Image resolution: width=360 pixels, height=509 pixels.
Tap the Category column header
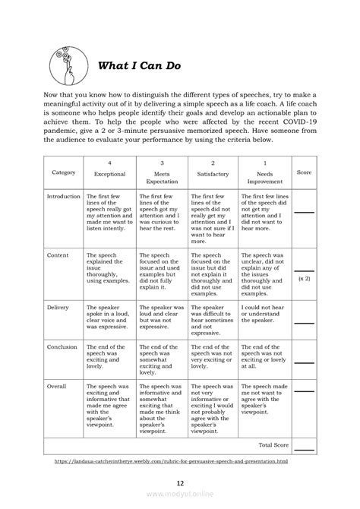point(64,172)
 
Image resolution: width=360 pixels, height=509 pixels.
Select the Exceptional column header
point(109,173)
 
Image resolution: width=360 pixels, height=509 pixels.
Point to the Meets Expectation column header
point(161,178)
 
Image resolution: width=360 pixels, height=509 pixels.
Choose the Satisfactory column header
point(213,173)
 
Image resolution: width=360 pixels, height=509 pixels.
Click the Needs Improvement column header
point(264,178)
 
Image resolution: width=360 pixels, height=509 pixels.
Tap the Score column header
point(304,172)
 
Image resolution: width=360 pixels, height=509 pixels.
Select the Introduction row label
point(64,196)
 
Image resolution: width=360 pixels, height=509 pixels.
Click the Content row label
point(58,256)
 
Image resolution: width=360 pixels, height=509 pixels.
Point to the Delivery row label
point(58,308)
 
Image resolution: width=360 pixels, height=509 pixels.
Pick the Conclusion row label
point(62,346)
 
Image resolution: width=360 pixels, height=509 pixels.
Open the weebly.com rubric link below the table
point(179,460)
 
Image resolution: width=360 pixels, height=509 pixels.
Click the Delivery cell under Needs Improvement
point(264,313)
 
